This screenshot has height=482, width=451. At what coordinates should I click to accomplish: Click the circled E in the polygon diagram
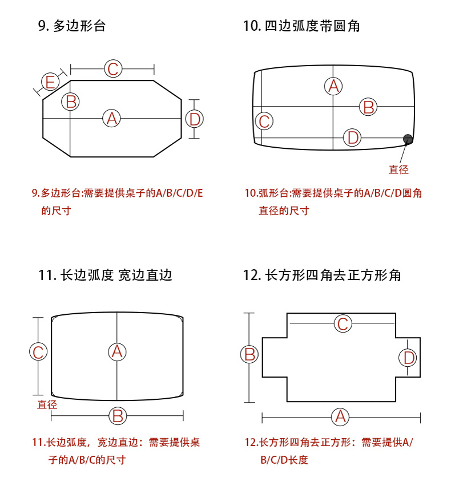pyautogui.click(x=50, y=82)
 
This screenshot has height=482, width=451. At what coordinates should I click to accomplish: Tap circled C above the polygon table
pyautogui.click(x=113, y=69)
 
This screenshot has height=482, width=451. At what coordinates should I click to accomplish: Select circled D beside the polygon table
pyautogui.click(x=195, y=119)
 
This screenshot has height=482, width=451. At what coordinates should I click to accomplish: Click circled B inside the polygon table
pyautogui.click(x=71, y=102)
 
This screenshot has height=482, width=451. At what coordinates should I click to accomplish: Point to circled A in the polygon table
pyautogui.click(x=112, y=119)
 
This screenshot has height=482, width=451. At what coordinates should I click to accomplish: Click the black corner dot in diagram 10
pyautogui.click(x=408, y=139)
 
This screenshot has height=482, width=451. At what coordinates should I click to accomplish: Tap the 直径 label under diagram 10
pyautogui.click(x=398, y=169)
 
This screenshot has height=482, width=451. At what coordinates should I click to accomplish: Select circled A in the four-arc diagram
pyautogui.click(x=333, y=87)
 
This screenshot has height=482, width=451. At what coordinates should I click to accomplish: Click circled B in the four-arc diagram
pyautogui.click(x=368, y=107)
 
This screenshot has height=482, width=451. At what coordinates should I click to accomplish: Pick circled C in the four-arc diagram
pyautogui.click(x=264, y=121)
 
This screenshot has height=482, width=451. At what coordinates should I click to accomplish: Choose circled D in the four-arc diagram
pyautogui.click(x=353, y=137)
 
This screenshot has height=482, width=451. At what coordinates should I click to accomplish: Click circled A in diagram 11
pyautogui.click(x=117, y=351)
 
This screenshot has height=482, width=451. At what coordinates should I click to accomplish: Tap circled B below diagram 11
pyautogui.click(x=117, y=416)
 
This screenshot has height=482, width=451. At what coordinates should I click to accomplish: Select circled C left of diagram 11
pyautogui.click(x=38, y=352)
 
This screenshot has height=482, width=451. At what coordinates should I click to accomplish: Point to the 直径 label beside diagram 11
pyautogui.click(x=47, y=404)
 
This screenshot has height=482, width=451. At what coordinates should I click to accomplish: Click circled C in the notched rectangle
pyautogui.click(x=343, y=324)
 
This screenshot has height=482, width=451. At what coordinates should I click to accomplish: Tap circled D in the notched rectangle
pyautogui.click(x=408, y=358)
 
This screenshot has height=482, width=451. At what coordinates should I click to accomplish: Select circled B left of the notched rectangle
pyautogui.click(x=249, y=354)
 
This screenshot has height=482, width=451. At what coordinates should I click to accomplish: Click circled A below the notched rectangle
pyautogui.click(x=341, y=416)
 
